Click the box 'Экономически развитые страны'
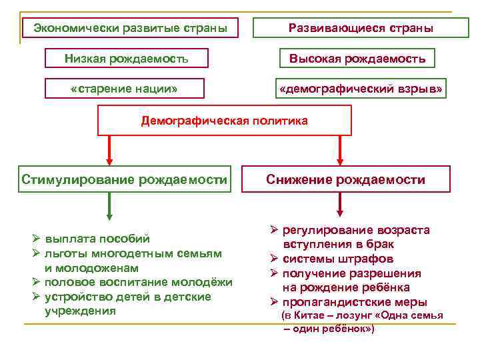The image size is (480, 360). [130, 28]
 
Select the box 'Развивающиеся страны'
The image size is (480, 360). [361, 28]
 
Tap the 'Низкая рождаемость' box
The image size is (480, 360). [126, 58]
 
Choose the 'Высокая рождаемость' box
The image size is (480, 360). [357, 58]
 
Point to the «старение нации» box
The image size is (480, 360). [123, 89]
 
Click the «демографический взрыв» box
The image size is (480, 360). [361, 89]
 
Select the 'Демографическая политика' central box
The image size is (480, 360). [224, 121]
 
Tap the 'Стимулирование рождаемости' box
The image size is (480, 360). [125, 179]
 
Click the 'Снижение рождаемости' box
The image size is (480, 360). [345, 179]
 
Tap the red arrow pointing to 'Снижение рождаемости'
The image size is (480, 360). [340, 150]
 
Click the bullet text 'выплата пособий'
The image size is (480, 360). [97, 239]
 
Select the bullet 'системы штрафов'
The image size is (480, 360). [337, 259]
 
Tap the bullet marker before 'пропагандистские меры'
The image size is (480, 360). [274, 302]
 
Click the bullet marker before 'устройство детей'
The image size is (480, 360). [36, 297]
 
